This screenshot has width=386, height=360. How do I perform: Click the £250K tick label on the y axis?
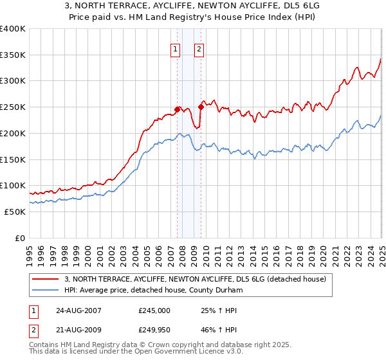pyautogui.click(x=13, y=107)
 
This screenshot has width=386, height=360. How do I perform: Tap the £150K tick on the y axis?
pyautogui.click(x=13, y=159)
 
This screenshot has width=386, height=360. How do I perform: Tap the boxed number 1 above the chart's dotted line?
pyautogui.click(x=176, y=48)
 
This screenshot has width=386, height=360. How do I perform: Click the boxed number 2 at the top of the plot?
pyautogui.click(x=199, y=48)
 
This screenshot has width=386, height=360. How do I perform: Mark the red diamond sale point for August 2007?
pyautogui.click(x=177, y=109)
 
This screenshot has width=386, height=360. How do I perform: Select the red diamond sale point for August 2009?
pyautogui.click(x=201, y=107)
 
